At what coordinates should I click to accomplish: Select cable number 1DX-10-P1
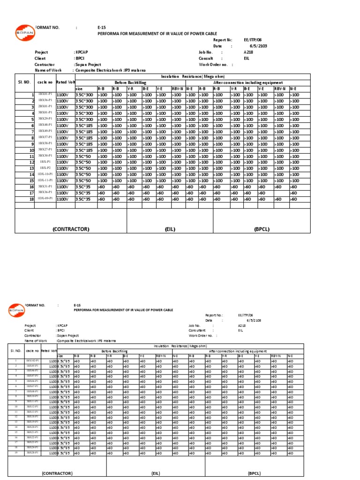click(45, 174)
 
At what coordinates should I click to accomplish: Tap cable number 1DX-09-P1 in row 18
click(45, 199)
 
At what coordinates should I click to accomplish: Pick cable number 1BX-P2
click(45, 168)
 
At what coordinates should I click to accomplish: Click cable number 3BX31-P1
click(45, 187)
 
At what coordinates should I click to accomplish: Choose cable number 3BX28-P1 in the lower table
click(32, 453)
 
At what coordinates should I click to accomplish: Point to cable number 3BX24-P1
click(32, 448)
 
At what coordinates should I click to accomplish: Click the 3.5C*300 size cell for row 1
click(85, 95)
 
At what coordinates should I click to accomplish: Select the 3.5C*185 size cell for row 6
click(85, 126)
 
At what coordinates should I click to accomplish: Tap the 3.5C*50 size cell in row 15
click(85, 180)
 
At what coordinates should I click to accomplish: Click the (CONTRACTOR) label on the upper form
click(71, 229)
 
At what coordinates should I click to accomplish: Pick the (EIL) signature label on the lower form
click(156, 473)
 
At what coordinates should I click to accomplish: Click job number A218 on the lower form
click(242, 325)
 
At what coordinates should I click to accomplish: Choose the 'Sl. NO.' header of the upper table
click(24, 82)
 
